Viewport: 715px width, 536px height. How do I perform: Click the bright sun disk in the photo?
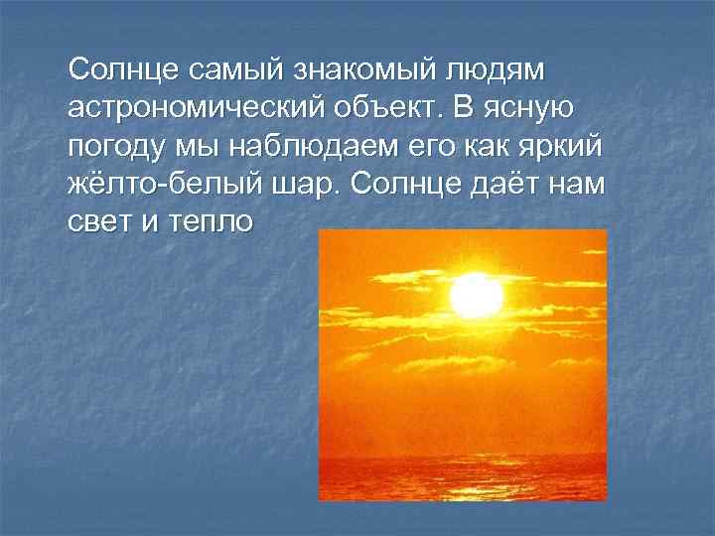(477, 295)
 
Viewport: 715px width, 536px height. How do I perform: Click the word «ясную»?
(535, 107)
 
